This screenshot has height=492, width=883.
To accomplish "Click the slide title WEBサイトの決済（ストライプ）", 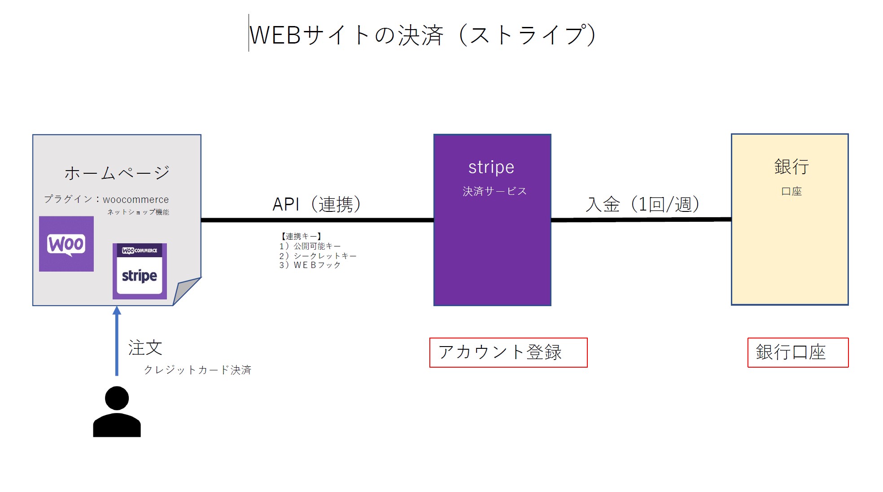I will tap(422, 35).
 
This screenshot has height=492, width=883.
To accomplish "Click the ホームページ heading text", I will tap(117, 173).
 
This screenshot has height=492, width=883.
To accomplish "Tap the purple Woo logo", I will tap(66, 244).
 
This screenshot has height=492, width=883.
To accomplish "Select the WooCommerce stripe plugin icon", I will tap(140, 271).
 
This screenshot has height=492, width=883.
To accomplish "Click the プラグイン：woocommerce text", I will tap(106, 199).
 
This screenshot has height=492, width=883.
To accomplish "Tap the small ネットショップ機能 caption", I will tap(138, 212).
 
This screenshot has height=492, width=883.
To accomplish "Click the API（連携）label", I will tap(317, 204).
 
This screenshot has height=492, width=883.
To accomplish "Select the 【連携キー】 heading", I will tap(301, 236).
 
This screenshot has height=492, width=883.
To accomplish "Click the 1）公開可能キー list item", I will tap(310, 246).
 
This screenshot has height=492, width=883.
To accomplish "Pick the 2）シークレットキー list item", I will tap(318, 256).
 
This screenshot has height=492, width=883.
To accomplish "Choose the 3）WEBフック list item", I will tap(310, 265).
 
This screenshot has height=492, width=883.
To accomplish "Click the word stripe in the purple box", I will tap(491, 167).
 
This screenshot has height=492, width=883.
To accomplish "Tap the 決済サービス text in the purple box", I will tap(494, 191).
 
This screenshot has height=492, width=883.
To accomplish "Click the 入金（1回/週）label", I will tap(643, 204).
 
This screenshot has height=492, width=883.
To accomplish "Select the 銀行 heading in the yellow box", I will tap(791, 167).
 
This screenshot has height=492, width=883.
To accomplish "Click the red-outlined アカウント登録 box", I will tap(508, 352).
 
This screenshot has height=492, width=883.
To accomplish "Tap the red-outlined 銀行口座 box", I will tap(798, 352).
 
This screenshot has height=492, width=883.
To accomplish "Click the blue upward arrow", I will tap(117, 341).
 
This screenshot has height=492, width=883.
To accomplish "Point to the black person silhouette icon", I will tap(117, 412).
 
